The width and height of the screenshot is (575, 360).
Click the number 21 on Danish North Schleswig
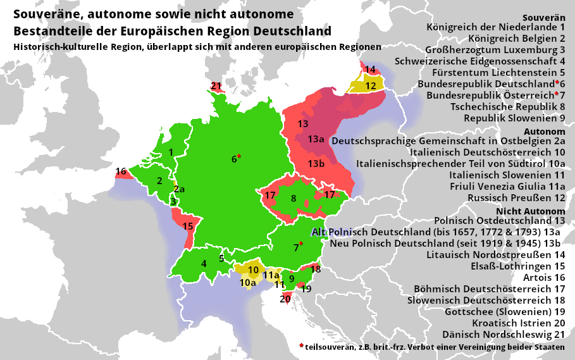click(216, 86)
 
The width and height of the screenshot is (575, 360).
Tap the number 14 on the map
click(370, 70)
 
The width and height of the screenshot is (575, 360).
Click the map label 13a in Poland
click(316, 139)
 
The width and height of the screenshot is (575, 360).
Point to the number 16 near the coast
click(121, 171)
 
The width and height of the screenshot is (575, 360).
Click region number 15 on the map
click(188, 226)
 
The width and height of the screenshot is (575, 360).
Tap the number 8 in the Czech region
click(294, 198)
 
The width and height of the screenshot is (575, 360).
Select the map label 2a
click(179, 189)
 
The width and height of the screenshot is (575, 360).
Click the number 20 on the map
click(285, 299)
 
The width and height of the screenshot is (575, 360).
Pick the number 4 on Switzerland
click(204, 263)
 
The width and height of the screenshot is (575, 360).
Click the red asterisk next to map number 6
click(239, 156)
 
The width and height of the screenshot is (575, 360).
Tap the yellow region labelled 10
click(253, 270)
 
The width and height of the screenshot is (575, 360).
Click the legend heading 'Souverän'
click(543, 17)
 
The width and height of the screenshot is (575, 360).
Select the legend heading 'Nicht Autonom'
click(530, 211)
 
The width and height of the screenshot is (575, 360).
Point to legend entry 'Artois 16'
click(543, 278)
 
